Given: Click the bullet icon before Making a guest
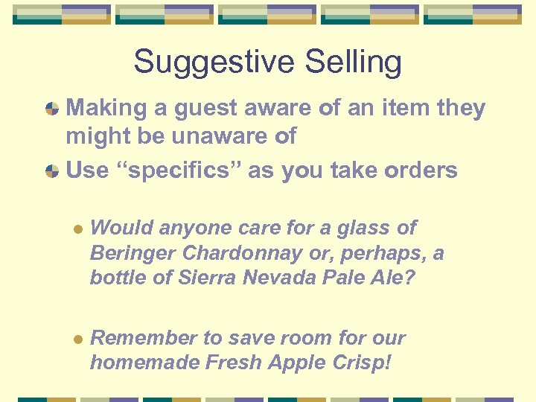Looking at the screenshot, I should [x=52, y=109].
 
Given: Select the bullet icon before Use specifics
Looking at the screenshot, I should [x=52, y=171].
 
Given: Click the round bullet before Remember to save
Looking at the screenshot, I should [x=77, y=339].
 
